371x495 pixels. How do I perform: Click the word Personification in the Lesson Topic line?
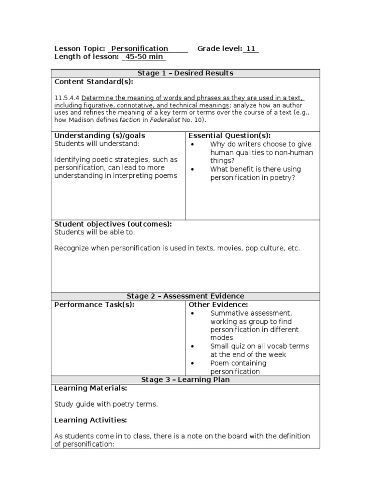(x=140, y=48)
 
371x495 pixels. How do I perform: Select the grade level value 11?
(x=251, y=48)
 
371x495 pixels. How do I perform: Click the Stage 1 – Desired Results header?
(x=185, y=73)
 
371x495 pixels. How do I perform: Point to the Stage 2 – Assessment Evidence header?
(x=185, y=296)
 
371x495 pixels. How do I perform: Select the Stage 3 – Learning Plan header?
(x=185, y=379)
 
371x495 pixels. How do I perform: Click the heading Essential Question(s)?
(x=229, y=136)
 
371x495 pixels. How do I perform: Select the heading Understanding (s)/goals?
(x=100, y=136)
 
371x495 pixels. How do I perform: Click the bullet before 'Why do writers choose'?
(x=193, y=144)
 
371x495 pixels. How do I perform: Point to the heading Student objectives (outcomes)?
(x=113, y=224)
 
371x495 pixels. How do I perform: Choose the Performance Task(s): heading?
(x=94, y=305)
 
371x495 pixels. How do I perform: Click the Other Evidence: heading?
(x=218, y=305)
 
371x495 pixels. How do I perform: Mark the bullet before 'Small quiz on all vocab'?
(x=193, y=347)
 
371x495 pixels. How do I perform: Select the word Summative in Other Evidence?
(x=228, y=313)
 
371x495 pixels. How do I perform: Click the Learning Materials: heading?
(x=91, y=388)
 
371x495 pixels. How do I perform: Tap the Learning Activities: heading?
(x=90, y=420)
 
